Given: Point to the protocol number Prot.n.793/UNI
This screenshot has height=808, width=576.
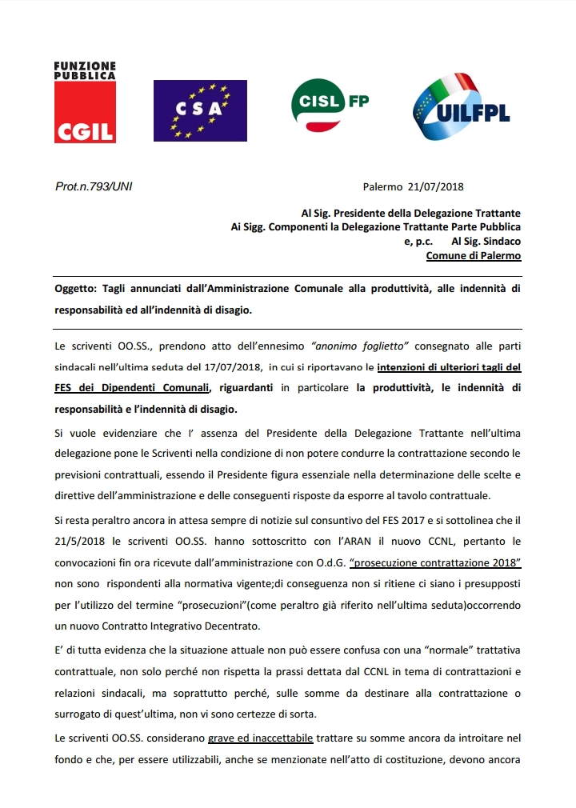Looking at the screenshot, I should point(94,186).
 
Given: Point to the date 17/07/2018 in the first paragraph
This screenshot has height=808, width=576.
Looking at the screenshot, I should point(229,366).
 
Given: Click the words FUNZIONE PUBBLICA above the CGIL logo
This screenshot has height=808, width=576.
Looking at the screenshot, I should point(85,70).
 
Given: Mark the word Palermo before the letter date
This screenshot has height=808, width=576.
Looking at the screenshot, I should point(382,186).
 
